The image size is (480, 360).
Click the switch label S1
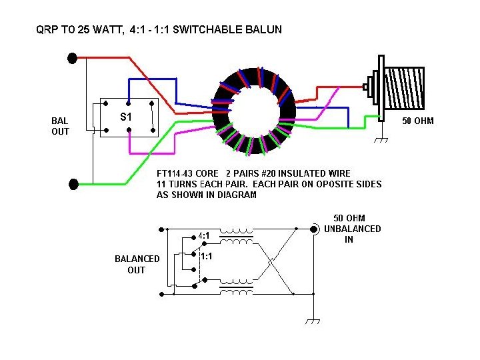[125, 117]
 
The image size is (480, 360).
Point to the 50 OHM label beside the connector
[419, 122]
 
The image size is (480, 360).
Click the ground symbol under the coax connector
[382, 140]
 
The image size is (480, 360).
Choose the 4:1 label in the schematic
[205, 236]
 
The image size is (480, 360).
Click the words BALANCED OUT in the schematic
[137, 264]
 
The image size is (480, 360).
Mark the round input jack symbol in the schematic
[313, 229]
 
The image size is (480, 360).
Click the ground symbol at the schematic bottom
[313, 321]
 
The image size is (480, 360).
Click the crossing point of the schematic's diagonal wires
[271, 262]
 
